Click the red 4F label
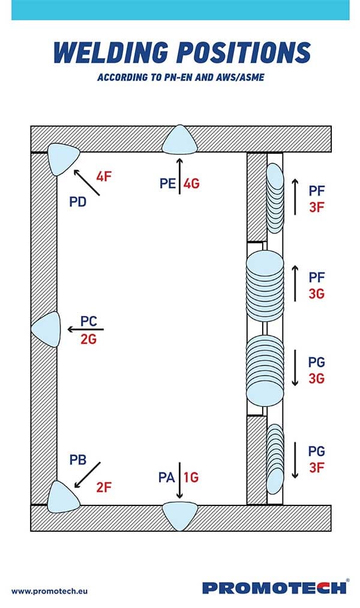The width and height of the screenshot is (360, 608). [104, 176]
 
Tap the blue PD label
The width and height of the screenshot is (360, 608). [77, 202]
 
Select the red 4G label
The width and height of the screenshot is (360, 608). [191, 183]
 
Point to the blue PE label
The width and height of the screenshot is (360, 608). [168, 183]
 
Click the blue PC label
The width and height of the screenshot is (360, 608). [89, 321]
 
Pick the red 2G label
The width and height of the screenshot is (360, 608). [88, 339]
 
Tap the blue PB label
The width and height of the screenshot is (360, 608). [77, 460]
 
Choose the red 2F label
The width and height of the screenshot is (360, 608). [104, 487]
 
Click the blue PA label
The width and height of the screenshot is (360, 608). [167, 477]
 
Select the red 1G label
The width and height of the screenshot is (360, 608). [191, 477]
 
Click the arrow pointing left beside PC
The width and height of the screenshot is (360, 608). [86, 330]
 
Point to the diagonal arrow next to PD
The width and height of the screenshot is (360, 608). [86, 182]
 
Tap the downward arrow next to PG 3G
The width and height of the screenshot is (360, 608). [295, 368]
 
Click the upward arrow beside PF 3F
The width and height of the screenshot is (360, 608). [295, 197]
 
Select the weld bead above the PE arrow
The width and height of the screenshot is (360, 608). [179, 140]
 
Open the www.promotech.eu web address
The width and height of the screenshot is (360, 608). [49, 591]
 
